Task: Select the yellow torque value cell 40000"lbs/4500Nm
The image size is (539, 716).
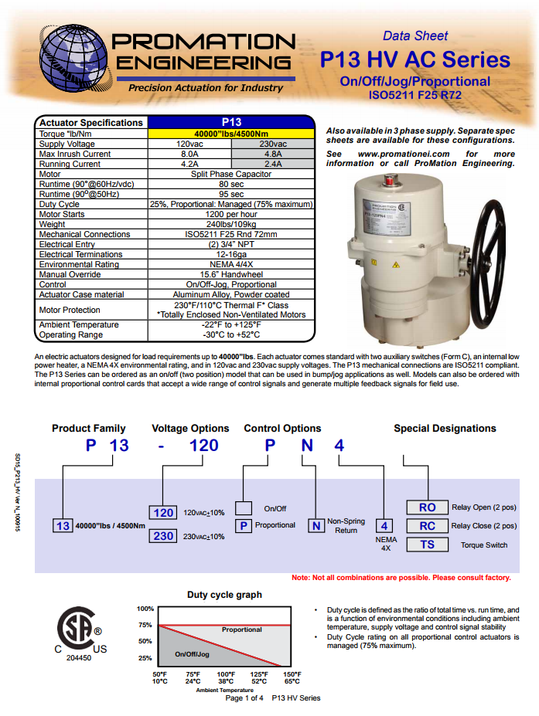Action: tap(231, 133)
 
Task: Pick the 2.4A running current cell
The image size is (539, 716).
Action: tap(273, 164)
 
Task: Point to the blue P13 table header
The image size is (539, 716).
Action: tap(231, 122)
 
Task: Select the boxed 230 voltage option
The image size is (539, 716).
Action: tap(163, 536)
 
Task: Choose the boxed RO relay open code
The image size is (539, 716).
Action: tap(427, 507)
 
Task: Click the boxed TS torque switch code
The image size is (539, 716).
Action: tap(427, 545)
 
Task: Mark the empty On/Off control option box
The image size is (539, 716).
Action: tap(244, 508)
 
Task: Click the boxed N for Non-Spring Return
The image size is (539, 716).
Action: tap(316, 526)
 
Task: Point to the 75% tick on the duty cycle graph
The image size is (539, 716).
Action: tap(145, 625)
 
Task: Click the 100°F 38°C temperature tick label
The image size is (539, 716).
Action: tap(226, 678)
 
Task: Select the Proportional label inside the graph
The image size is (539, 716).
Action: tap(241, 629)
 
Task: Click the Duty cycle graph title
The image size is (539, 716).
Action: tap(224, 595)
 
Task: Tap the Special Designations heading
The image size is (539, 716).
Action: tap(445, 428)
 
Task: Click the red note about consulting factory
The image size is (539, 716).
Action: tap(401, 578)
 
